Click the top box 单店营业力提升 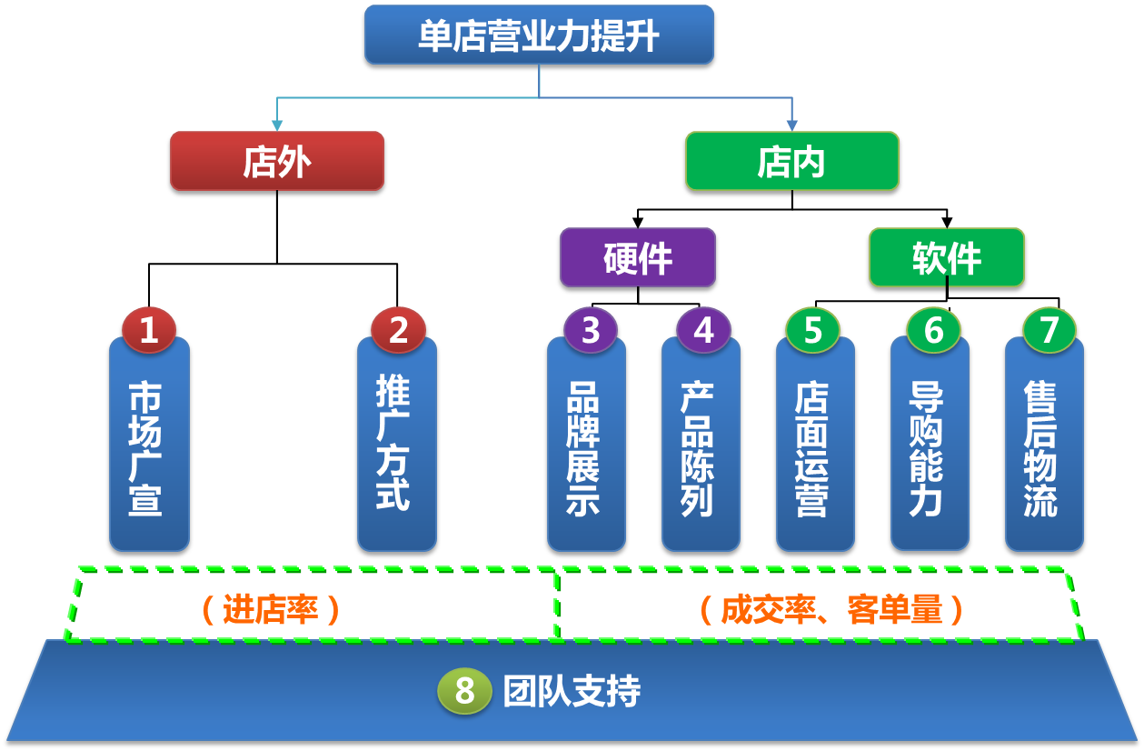(x=539, y=35)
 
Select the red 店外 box (x=277, y=161)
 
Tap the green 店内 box (x=791, y=161)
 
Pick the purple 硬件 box (x=637, y=257)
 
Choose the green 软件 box (x=946, y=257)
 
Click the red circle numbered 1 (x=149, y=329)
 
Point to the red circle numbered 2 (x=398, y=329)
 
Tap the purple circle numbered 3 (x=591, y=329)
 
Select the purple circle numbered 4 (x=703, y=329)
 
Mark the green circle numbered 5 (x=812, y=329)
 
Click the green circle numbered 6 (x=933, y=329)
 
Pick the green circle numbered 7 (x=1049, y=329)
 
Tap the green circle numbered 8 (x=464, y=691)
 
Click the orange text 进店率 (x=271, y=609)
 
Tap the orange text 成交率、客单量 (x=831, y=609)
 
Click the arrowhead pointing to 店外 (x=277, y=125)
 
